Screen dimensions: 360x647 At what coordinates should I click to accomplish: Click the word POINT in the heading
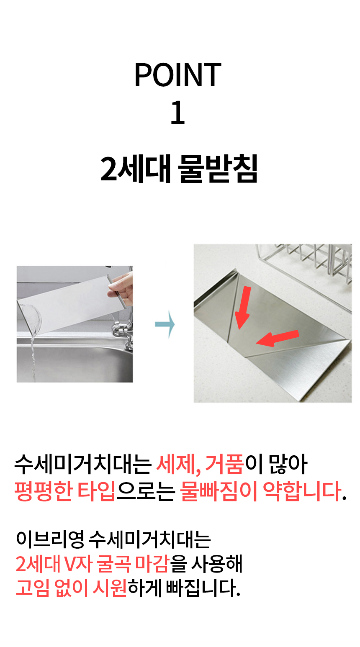tap(177, 75)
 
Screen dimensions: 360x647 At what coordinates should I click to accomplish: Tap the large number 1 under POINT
tap(177, 112)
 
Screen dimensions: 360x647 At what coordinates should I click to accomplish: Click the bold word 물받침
tap(217, 169)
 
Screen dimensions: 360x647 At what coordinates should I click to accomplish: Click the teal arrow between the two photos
tap(165, 324)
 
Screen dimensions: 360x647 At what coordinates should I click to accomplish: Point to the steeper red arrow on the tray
tap(243, 307)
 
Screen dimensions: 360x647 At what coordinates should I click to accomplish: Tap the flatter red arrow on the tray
tap(278, 338)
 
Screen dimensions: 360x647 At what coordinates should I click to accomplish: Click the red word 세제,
tap(179, 465)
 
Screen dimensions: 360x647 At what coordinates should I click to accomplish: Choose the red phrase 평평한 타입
tap(65, 491)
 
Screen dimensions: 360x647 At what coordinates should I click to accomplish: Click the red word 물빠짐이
tap(218, 491)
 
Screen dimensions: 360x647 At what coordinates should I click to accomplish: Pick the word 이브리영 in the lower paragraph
tap(50, 539)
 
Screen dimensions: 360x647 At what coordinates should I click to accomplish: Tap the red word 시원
tap(110, 588)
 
